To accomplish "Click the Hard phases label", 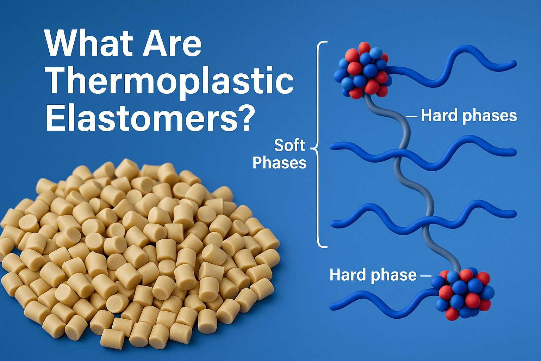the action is click(x=469, y=116).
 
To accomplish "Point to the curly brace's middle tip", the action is click(x=311, y=147).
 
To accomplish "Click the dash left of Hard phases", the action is click(x=411, y=117).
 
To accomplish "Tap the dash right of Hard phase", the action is click(x=426, y=276).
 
